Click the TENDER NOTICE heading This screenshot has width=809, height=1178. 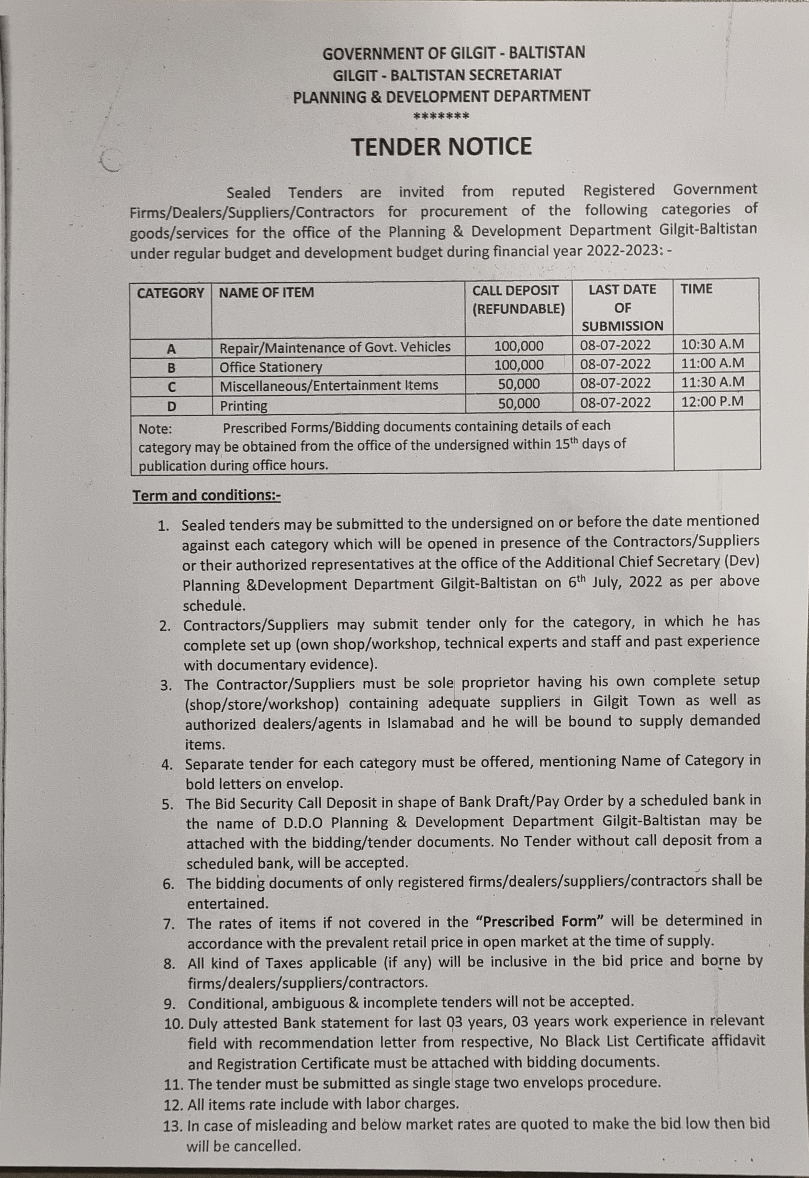441,146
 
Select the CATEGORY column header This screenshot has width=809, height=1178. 170,293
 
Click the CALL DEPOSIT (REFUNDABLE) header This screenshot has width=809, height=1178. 518,299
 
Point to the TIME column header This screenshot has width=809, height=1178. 697,289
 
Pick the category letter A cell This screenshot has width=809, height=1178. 171,349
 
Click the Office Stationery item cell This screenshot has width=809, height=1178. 270,366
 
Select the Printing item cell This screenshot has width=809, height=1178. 243,406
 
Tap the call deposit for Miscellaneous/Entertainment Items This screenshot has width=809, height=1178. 518,384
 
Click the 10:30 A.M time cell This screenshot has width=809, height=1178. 712,344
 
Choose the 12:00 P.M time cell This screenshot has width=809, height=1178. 712,401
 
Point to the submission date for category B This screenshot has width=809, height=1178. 615,364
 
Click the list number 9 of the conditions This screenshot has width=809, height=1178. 170,1003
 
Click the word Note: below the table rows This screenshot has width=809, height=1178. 155,429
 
